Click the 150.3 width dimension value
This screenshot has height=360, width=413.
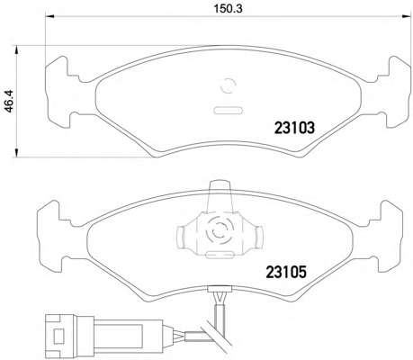228,9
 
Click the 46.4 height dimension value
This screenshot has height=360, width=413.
9,101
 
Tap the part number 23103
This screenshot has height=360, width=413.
294,128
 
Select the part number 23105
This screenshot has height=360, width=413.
286,272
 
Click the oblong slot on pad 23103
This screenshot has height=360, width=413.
228,110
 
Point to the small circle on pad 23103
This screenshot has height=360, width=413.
228,85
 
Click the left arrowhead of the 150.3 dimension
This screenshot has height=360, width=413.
49,16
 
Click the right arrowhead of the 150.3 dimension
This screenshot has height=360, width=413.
406,16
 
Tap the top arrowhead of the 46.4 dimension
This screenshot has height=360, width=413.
17,49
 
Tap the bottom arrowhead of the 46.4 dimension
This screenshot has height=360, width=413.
17,152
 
